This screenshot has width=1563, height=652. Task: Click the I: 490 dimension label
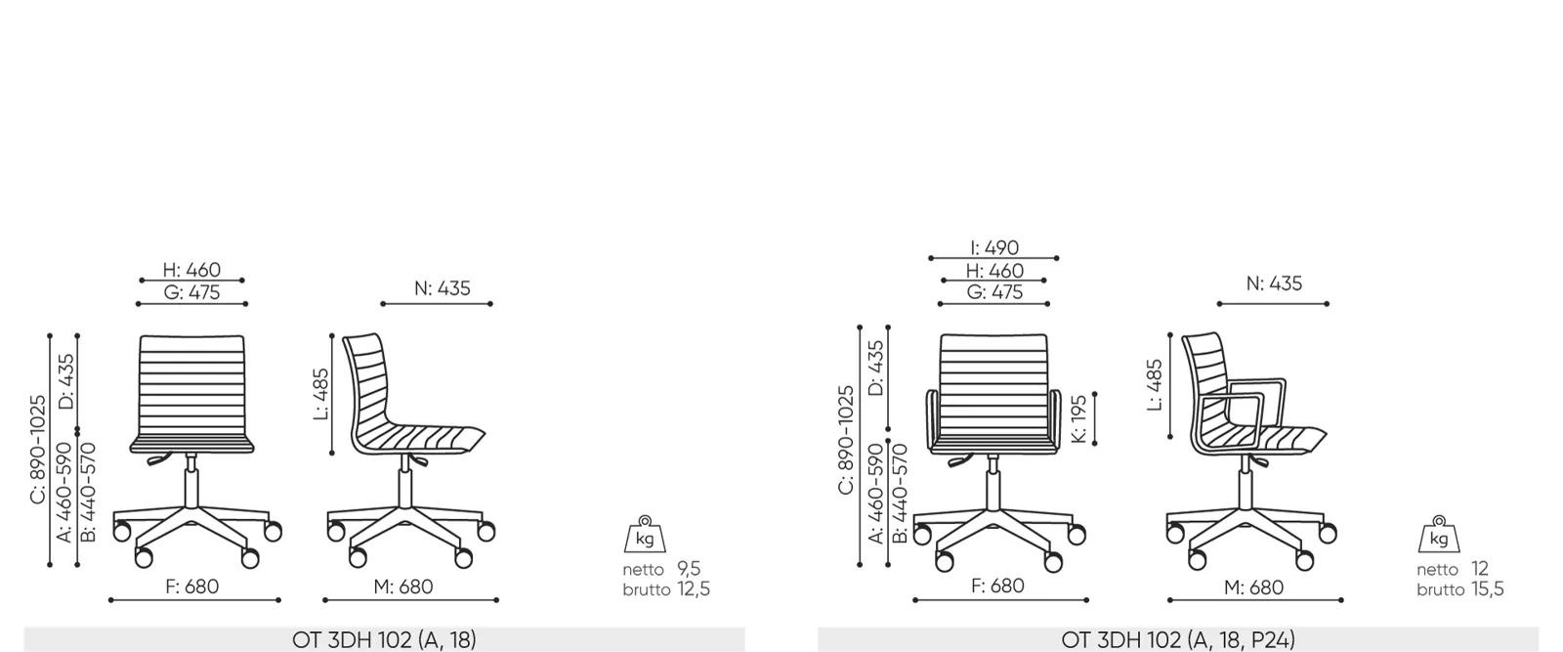pyautogui.click(x=994, y=248)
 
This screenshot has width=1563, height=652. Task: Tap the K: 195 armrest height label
pyautogui.click(x=1078, y=418)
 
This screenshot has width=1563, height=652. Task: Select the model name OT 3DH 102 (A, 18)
pyautogui.click(x=384, y=639)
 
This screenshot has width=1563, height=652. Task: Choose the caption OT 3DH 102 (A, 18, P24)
pyautogui.click(x=1178, y=639)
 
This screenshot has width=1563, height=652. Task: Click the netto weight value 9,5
pyautogui.click(x=689, y=568)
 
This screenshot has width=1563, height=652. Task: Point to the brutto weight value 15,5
pyautogui.click(x=1488, y=589)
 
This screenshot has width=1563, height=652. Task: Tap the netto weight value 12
pyautogui.click(x=1479, y=568)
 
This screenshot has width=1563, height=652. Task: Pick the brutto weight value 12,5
pyautogui.click(x=694, y=589)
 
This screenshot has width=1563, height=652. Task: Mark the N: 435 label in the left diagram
pyautogui.click(x=443, y=288)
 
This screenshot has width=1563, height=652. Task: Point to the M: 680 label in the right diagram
pyautogui.click(x=1253, y=587)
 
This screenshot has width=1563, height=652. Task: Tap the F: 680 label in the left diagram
pyautogui.click(x=191, y=587)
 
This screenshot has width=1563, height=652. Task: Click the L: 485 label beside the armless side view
pyautogui.click(x=320, y=394)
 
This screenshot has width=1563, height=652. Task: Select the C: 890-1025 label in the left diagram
pyautogui.click(x=38, y=449)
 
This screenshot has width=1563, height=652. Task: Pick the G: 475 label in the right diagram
pyautogui.click(x=994, y=292)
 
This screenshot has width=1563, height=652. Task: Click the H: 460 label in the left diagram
pyautogui.click(x=191, y=270)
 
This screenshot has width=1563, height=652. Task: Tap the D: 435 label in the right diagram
pyautogui.click(x=875, y=368)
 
